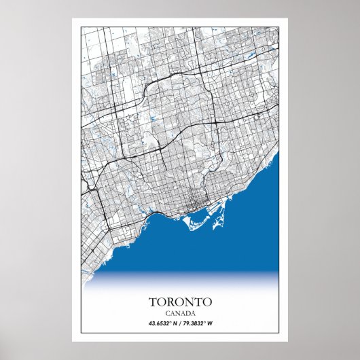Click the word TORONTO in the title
[179, 301]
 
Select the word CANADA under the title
[179, 312]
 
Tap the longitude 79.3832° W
[202, 323]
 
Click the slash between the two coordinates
[180, 323]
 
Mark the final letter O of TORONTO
[208, 301]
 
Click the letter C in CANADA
[167, 312]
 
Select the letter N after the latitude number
[175, 323]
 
